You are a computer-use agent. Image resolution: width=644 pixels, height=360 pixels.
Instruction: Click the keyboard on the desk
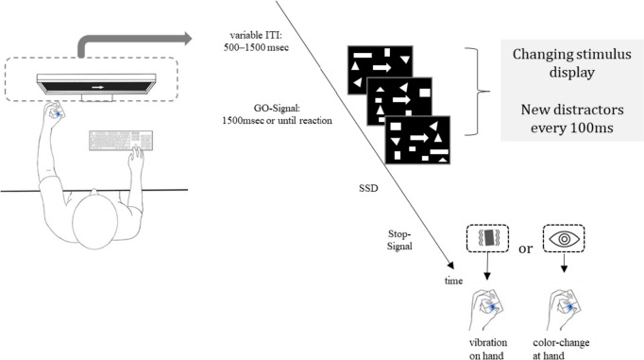(x=121, y=141)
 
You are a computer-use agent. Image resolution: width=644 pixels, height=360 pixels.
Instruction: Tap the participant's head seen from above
(x=94, y=220)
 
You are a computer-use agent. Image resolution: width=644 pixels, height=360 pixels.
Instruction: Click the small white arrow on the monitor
(x=98, y=87)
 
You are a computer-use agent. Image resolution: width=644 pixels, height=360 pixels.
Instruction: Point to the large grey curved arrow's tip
(x=192, y=38)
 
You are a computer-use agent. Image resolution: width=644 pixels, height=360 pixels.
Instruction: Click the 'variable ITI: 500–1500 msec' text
(x=256, y=41)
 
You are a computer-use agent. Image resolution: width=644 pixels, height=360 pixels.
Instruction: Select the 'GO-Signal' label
(x=277, y=109)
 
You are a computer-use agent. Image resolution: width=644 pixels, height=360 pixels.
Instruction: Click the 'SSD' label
(x=368, y=188)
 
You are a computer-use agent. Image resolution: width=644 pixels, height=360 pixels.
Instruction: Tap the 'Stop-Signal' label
(x=399, y=240)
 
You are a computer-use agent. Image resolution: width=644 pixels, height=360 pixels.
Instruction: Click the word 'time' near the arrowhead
(x=453, y=281)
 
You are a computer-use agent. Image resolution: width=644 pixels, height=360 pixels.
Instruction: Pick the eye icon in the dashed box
(x=564, y=238)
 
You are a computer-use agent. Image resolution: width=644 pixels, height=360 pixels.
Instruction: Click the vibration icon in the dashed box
(x=488, y=238)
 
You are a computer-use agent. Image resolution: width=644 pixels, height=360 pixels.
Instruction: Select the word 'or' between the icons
(x=525, y=249)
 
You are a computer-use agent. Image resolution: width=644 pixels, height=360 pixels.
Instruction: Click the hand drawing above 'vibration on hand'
(x=486, y=310)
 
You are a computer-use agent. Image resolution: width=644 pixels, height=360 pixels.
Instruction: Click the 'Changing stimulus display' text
(x=571, y=63)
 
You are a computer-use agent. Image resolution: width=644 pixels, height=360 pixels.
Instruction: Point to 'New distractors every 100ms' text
(x=571, y=118)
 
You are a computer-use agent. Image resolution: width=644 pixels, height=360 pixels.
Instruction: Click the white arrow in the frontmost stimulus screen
(x=419, y=138)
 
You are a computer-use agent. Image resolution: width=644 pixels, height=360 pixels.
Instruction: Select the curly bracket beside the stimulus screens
(x=478, y=92)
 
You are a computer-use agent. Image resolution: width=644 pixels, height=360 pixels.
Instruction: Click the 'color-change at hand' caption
(x=561, y=349)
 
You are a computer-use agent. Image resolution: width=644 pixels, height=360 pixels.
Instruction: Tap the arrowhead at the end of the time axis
(x=451, y=266)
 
